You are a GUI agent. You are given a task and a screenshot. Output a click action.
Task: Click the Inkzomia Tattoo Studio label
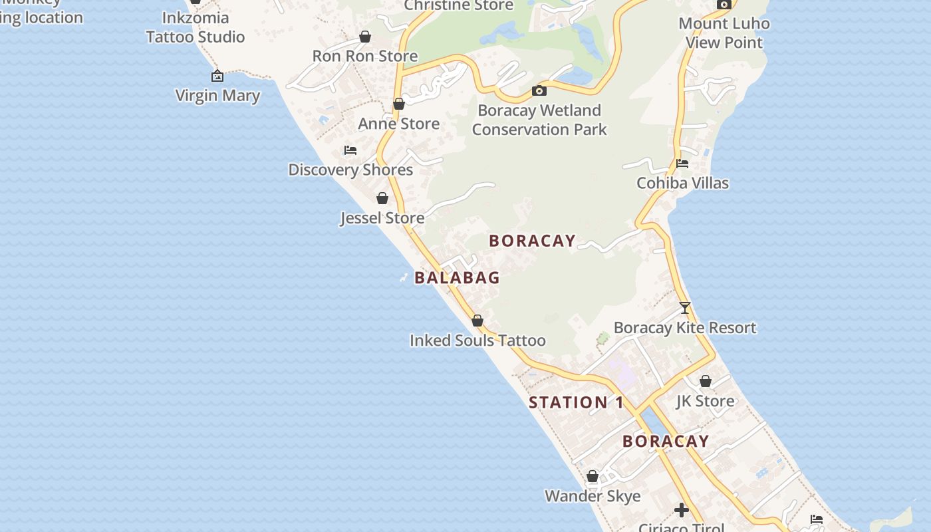point(196,27)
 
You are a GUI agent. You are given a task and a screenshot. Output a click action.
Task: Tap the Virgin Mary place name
point(217,95)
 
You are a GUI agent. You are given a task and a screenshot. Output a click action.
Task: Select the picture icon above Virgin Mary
point(217,76)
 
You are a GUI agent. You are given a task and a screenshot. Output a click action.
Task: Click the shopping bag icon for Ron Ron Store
point(364,37)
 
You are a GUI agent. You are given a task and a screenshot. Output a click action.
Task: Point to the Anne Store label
point(398,123)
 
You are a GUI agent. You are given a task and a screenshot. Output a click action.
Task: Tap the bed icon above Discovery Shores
point(350,150)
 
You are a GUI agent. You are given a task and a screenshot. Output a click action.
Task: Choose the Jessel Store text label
point(382,217)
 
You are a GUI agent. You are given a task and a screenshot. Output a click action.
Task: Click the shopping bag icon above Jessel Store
point(382,198)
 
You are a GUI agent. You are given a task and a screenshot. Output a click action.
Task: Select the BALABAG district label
point(457,277)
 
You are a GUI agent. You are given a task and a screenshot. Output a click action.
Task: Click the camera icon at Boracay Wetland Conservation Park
point(539,90)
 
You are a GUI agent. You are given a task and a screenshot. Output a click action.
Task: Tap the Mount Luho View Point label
point(724,33)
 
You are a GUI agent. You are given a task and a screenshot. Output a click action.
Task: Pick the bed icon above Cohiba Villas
point(682,164)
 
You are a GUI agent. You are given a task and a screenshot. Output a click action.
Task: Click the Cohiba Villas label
point(682,183)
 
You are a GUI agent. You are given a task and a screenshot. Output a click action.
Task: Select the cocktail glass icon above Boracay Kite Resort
point(685,308)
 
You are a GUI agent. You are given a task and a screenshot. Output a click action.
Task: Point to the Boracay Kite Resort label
point(685,327)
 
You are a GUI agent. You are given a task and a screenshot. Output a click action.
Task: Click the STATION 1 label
point(576,402)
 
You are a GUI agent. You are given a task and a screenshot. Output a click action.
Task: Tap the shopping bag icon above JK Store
point(706,382)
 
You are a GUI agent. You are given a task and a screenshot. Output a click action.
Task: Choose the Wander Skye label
point(593,496)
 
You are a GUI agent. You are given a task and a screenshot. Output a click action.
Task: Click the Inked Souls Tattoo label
point(477,340)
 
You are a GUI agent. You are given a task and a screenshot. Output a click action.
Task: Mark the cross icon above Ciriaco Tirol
point(682,510)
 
